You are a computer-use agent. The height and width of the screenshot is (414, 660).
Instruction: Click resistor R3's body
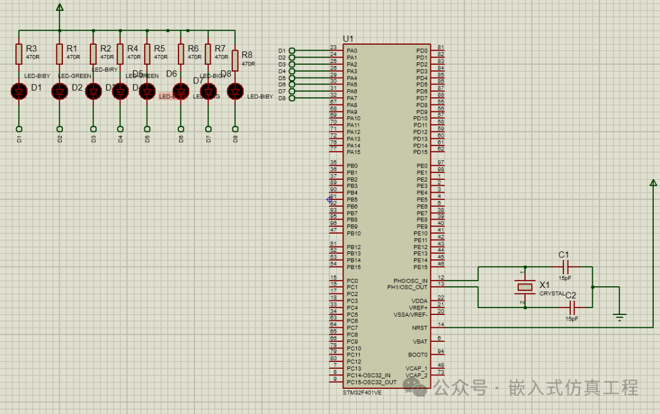click(x=19, y=54)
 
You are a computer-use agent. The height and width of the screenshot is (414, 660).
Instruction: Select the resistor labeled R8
click(x=235, y=61)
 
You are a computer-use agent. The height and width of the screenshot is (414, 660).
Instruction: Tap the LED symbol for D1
click(x=19, y=91)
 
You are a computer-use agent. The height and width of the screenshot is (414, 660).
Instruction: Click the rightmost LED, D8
click(x=235, y=91)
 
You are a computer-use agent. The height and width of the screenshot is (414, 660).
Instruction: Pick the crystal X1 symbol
click(x=524, y=287)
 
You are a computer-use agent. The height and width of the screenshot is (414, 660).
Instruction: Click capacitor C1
click(x=565, y=267)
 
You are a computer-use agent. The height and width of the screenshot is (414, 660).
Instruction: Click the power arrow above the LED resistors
click(x=59, y=7)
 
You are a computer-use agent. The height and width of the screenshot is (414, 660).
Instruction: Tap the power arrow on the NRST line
click(x=653, y=182)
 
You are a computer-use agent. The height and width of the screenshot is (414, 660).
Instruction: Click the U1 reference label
click(x=348, y=39)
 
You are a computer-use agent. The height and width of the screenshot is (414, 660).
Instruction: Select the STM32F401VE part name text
click(x=362, y=393)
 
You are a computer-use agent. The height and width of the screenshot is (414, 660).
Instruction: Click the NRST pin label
click(x=420, y=328)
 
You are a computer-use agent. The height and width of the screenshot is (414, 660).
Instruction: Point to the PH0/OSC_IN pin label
click(x=411, y=281)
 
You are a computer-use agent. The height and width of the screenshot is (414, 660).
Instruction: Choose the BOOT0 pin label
click(x=418, y=355)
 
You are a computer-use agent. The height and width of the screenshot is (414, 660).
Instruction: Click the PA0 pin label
click(x=352, y=51)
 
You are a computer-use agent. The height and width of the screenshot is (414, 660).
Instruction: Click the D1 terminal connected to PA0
click(x=291, y=51)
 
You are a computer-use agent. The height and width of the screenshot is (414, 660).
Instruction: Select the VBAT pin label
click(x=420, y=341)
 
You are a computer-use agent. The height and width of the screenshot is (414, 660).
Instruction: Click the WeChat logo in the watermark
click(x=419, y=386)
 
